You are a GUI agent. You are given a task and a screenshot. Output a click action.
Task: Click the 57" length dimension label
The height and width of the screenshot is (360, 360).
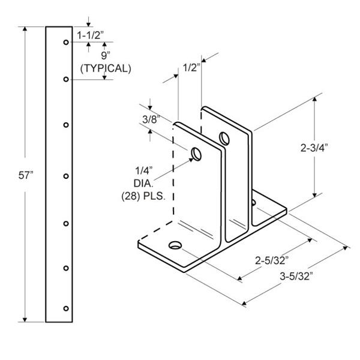(26, 175)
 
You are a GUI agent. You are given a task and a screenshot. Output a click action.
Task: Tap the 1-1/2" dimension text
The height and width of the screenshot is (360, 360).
(91, 35)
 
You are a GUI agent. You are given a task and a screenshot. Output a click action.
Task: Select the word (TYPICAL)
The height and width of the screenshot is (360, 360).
(106, 68)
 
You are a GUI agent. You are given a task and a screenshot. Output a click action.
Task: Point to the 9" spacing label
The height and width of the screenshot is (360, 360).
(106, 56)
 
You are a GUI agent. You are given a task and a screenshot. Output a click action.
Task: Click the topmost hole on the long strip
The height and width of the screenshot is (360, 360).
(66, 42)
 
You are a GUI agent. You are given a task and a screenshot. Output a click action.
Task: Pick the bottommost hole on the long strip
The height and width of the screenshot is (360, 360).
(66, 308)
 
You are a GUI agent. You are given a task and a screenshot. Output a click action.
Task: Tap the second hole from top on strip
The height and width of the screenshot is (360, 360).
(66, 79)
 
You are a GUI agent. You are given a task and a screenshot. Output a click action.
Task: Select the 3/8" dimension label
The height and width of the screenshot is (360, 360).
(151, 119)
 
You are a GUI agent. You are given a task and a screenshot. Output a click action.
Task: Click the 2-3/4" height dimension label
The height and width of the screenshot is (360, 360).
(314, 148)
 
